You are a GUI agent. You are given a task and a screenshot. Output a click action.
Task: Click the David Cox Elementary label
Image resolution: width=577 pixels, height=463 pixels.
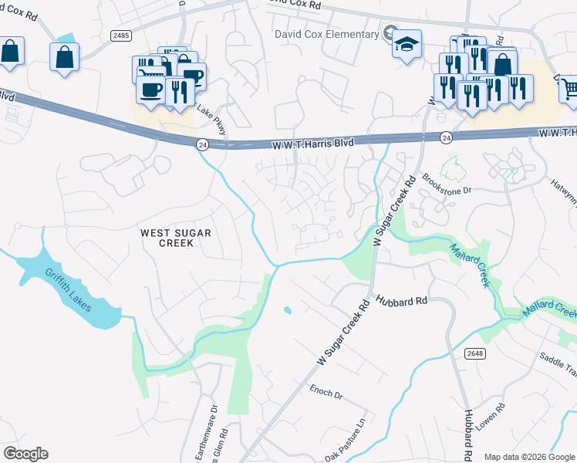(x=328, y=33)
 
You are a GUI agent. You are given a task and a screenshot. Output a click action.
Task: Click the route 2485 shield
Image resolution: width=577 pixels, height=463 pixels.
(x=120, y=35)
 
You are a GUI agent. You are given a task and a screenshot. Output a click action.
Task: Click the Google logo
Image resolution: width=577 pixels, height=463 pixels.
(x=25, y=454)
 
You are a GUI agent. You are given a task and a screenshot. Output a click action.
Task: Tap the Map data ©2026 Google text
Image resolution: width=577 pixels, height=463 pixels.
(x=529, y=457)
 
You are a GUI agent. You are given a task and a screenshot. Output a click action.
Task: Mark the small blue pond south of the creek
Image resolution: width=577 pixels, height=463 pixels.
(x=288, y=311)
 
